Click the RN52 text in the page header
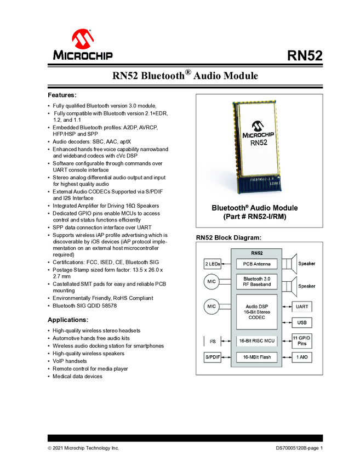304,56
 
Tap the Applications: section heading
68,320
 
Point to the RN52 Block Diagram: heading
228,238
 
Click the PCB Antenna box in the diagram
256,264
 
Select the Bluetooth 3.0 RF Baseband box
256,281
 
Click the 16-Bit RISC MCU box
256,340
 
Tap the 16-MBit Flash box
256,357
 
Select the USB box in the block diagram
301,322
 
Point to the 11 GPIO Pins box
301,340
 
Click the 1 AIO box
301,357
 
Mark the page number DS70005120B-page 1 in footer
299,448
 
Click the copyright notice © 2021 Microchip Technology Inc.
83,448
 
